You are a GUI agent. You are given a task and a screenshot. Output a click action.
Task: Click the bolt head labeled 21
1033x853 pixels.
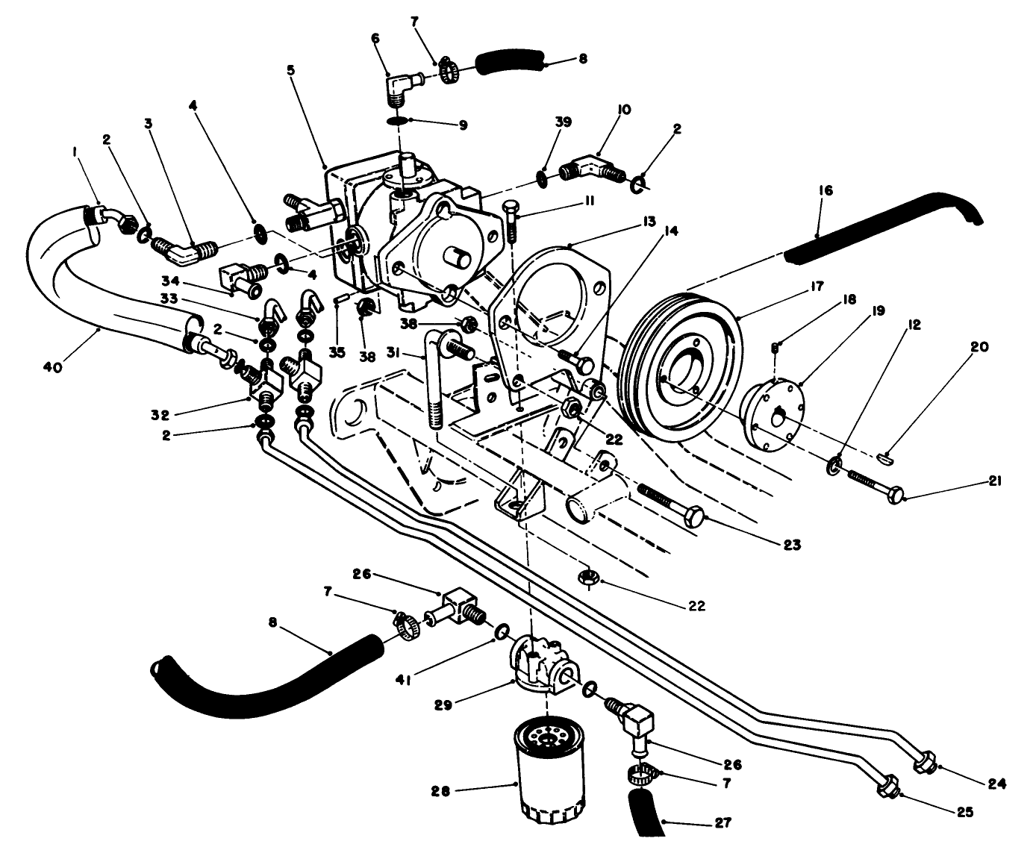[x=895, y=494]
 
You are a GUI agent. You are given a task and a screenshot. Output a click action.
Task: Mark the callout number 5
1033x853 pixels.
[x=291, y=69]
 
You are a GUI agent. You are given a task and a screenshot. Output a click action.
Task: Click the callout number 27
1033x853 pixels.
[x=722, y=824]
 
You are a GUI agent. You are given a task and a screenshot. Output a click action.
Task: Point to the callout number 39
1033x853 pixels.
[x=563, y=122]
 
